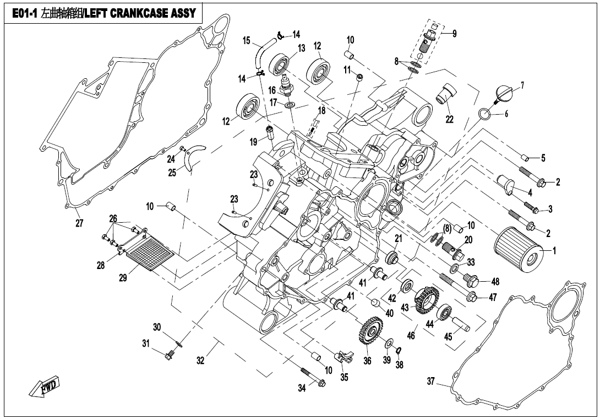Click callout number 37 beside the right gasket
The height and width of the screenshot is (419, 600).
click(x=431, y=382)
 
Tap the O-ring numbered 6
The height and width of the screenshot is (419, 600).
click(x=483, y=115)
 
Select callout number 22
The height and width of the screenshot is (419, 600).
click(x=450, y=120)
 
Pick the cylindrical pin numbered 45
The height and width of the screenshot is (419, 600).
click(x=460, y=322)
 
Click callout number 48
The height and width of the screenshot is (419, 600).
click(x=495, y=282)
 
